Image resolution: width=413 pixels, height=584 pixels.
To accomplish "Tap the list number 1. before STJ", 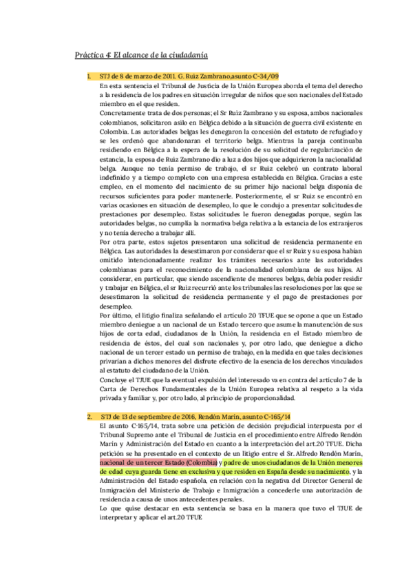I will (89, 77).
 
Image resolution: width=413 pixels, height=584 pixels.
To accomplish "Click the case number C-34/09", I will (265, 77).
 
